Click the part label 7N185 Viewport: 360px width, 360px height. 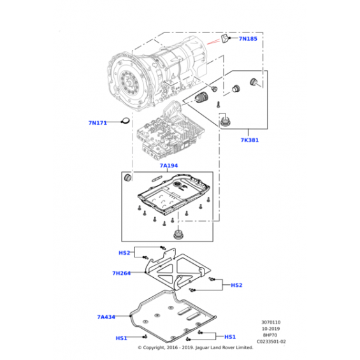tap(248, 39)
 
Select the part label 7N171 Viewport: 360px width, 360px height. tap(98, 123)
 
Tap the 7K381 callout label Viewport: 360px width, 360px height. tap(250, 140)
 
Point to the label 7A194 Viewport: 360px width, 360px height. tap(169, 166)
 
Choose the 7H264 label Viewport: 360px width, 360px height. tap(122, 273)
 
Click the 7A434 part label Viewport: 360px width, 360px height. tap(106, 317)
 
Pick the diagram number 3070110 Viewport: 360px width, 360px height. tap(271, 322)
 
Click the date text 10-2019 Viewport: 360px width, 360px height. tap(271, 329)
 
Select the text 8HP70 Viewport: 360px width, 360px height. tap(270, 335)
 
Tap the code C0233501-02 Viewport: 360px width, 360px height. tap(271, 342)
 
